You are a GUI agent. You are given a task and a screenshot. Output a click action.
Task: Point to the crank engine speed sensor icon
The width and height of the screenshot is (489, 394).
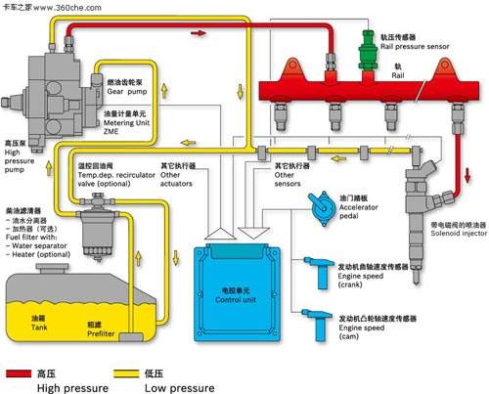(318, 268)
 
